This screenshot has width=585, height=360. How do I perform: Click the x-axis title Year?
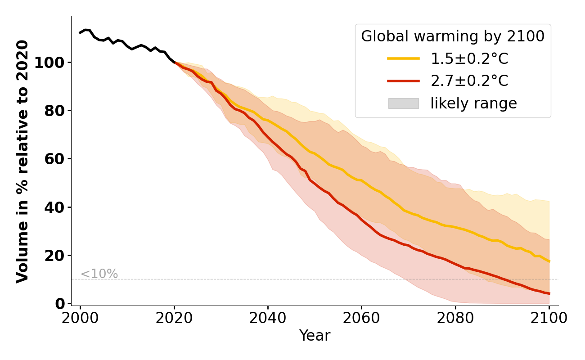coord(315,336)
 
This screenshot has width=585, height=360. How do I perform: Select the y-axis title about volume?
coord(22,161)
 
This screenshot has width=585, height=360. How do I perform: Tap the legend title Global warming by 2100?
coord(453,36)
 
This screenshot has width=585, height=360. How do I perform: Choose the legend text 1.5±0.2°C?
coord(469,59)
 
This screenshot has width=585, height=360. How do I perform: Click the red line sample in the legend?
coord(403,81)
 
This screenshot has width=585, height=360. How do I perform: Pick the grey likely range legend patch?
coord(403,103)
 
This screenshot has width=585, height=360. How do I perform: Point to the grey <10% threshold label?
coord(99,274)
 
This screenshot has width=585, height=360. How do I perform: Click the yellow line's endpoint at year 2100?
coord(549,261)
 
